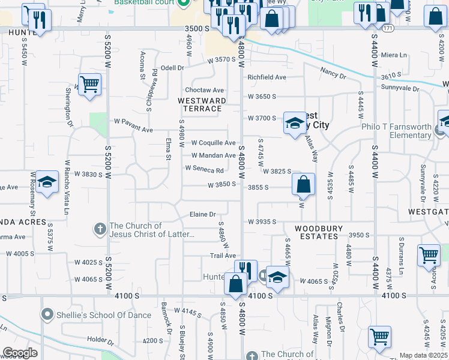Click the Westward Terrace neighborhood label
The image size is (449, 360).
pyautogui.click(x=202, y=104)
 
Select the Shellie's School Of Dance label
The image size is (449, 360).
pyautogui.click(x=96, y=314)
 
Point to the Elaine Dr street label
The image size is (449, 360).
pyautogui.click(x=202, y=214)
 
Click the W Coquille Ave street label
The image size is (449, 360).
pyautogui.click(x=213, y=143)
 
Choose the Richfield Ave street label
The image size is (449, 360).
pyautogui.click(x=267, y=77)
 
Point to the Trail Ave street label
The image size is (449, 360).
pyautogui.click(x=223, y=256)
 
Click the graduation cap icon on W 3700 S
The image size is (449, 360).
pyautogui.click(x=294, y=124)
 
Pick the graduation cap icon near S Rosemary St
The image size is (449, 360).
pyautogui.click(x=46, y=184)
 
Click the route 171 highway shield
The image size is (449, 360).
pyautogui.click(x=388, y=28)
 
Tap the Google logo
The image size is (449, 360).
pyautogui.click(x=20, y=353)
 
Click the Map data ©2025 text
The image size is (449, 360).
pyautogui.click(x=423, y=355)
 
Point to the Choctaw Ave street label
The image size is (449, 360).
pyautogui.click(x=208, y=89)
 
